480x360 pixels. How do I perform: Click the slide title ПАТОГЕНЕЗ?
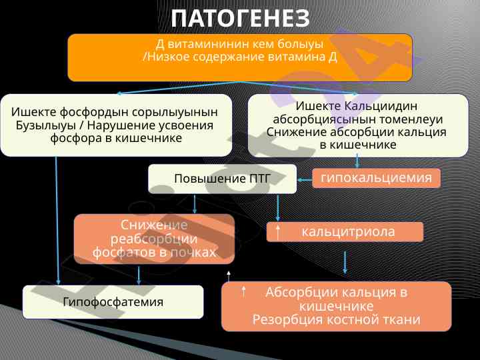coord(240,19)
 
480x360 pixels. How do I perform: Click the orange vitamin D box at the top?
coord(240,57)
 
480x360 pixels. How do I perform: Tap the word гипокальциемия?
coord(376,177)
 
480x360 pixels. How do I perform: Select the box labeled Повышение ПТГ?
coord(223,179)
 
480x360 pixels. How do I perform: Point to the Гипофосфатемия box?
coord(113,302)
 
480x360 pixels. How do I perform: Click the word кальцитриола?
coord(348,231)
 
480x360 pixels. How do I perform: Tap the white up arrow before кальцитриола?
coord(278,233)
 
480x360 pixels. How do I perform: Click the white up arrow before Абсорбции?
coord(244,292)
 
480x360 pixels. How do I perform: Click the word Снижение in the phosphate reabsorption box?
coord(154,225)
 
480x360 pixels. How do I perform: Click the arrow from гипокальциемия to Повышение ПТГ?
coord(305,180)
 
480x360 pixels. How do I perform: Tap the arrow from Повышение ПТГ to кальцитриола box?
coord(278,207)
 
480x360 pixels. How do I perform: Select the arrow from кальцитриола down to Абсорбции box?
coord(345,263)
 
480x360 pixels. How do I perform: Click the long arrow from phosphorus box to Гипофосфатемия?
coord(57,221)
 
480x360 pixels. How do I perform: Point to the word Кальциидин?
coord(381,106)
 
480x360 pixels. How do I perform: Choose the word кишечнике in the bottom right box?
coord(336,306)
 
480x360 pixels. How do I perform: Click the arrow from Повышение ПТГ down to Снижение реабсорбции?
coord(195,204)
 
